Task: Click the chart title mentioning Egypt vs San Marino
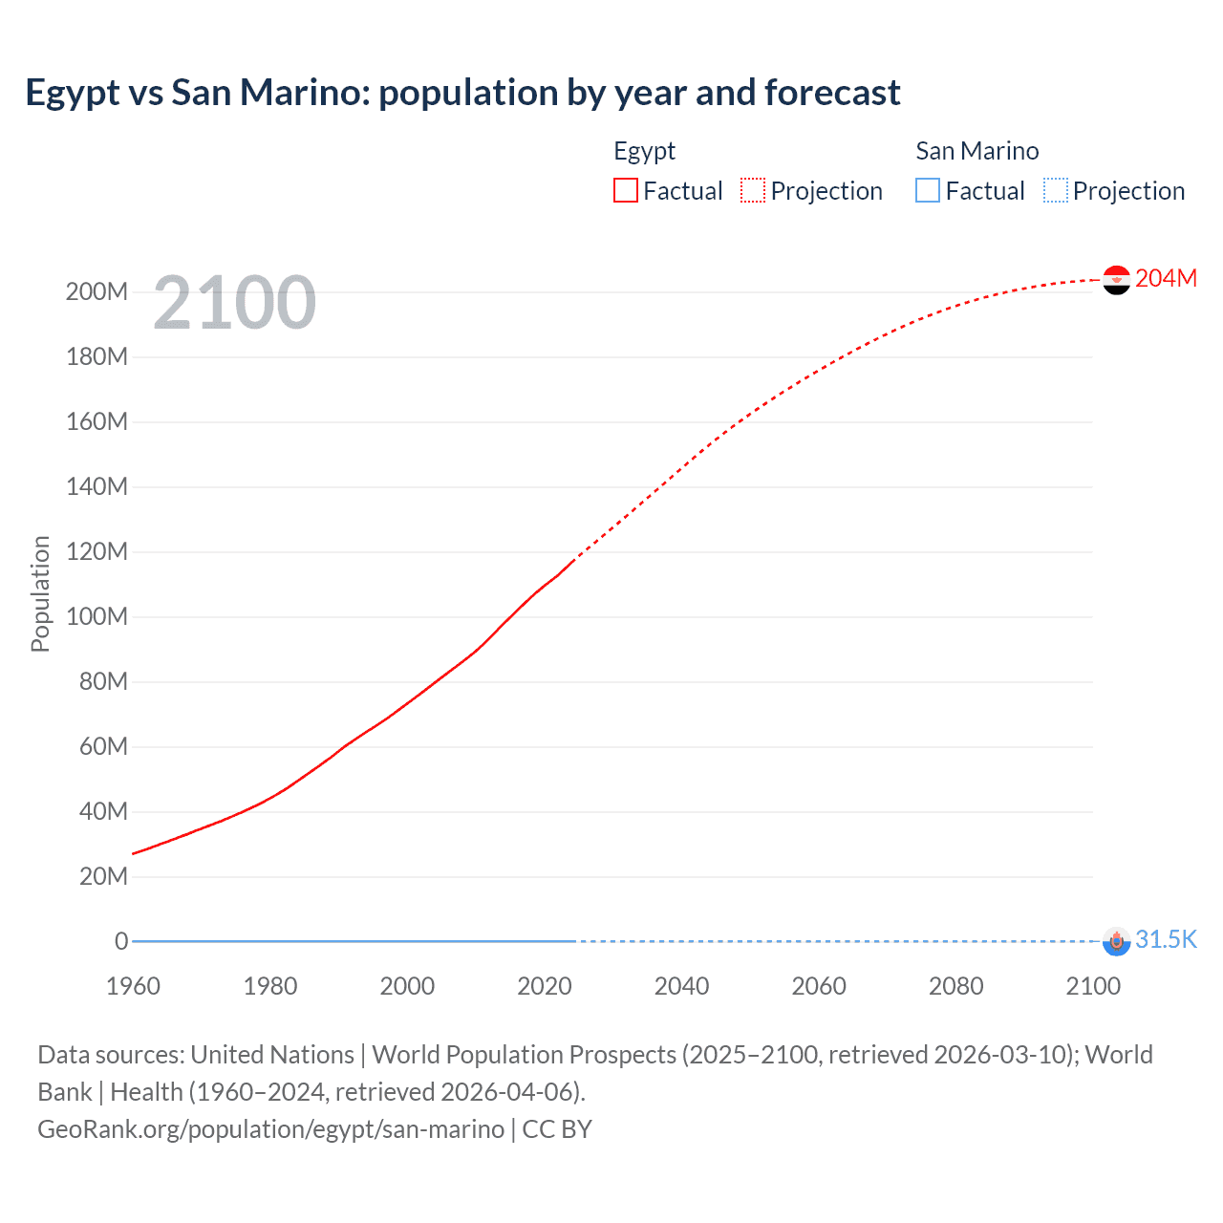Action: [x=462, y=93]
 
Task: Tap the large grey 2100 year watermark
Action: [x=234, y=303]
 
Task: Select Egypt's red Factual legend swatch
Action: [x=625, y=190]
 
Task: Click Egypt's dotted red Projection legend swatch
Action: [x=753, y=190]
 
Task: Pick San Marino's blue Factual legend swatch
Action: [x=927, y=190]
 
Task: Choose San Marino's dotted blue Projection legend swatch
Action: [x=1056, y=190]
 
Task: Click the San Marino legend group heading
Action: [x=976, y=151]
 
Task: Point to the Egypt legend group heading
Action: [x=644, y=151]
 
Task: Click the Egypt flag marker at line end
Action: [x=1116, y=280]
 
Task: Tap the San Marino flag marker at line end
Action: [x=1116, y=941]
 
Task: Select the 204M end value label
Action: [x=1166, y=278]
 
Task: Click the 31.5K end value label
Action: [x=1166, y=939]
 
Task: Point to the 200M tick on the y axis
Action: [x=97, y=291]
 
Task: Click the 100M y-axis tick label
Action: [x=97, y=616]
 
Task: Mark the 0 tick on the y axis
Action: [x=121, y=941]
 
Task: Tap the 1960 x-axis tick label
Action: [x=133, y=986]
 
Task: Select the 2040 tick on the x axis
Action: [x=681, y=986]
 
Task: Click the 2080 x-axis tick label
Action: [x=955, y=986]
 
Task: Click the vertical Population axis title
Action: [x=40, y=593]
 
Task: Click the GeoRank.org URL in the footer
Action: [x=270, y=1129]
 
